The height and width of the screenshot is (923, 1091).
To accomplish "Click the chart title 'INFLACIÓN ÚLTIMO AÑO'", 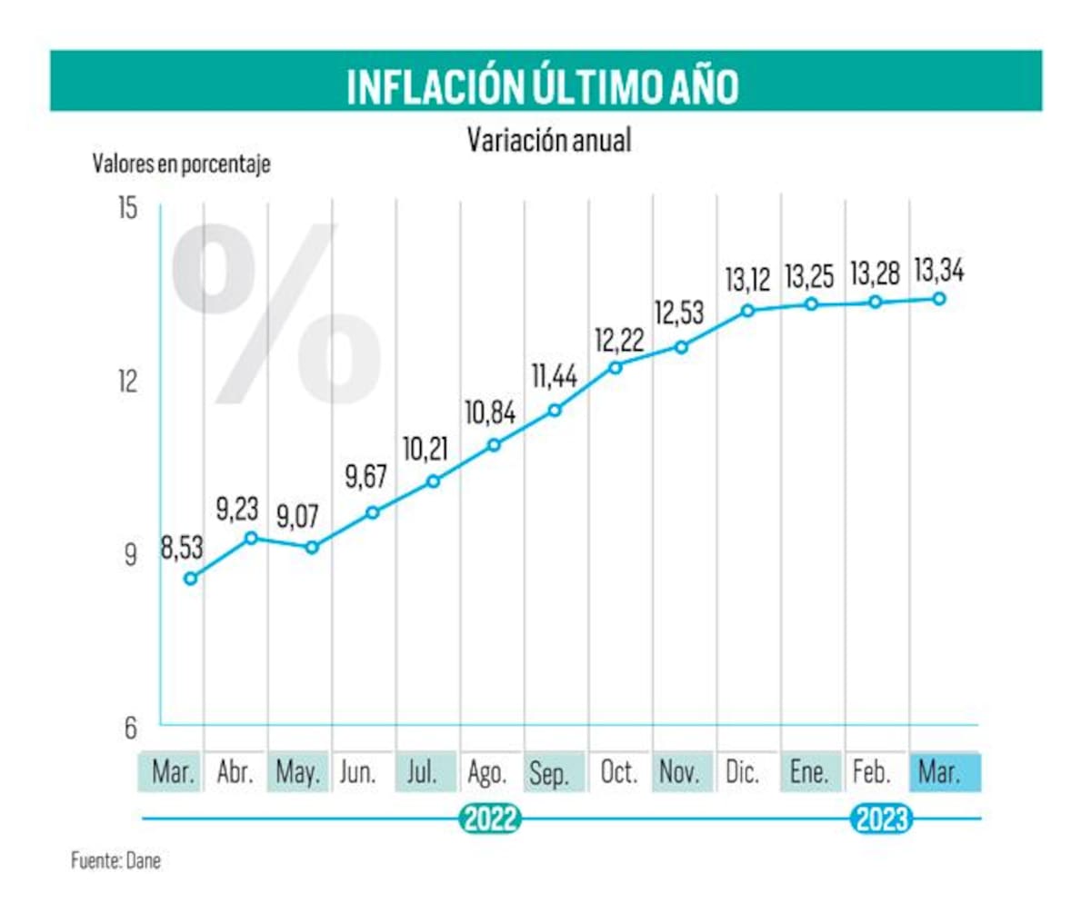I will (543, 85).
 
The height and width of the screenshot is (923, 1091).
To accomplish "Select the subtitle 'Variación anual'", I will (548, 141).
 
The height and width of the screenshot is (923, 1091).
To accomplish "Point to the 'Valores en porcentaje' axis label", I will (181, 164).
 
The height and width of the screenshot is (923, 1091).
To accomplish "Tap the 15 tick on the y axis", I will (127, 208).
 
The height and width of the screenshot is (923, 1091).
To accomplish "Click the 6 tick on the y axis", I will (130, 727).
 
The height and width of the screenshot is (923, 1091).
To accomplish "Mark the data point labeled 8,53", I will (190, 579).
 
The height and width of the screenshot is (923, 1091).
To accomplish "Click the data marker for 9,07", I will (312, 547).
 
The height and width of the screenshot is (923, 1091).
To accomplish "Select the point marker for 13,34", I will (939, 298).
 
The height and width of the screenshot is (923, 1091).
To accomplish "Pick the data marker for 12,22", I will (616, 367).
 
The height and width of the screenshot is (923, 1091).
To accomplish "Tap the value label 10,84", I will (490, 413).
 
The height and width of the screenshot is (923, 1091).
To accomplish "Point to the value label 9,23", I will (237, 509).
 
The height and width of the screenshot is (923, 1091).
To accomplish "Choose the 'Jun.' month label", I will (357, 773).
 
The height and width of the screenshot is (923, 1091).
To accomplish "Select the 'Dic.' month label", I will (742, 773).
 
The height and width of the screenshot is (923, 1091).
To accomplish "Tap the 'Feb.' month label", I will (871, 773).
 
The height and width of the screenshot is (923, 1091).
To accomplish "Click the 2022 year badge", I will (491, 819).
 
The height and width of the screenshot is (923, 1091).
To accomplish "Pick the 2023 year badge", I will (881, 819).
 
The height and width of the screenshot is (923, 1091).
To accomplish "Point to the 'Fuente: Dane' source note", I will (115, 860).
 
